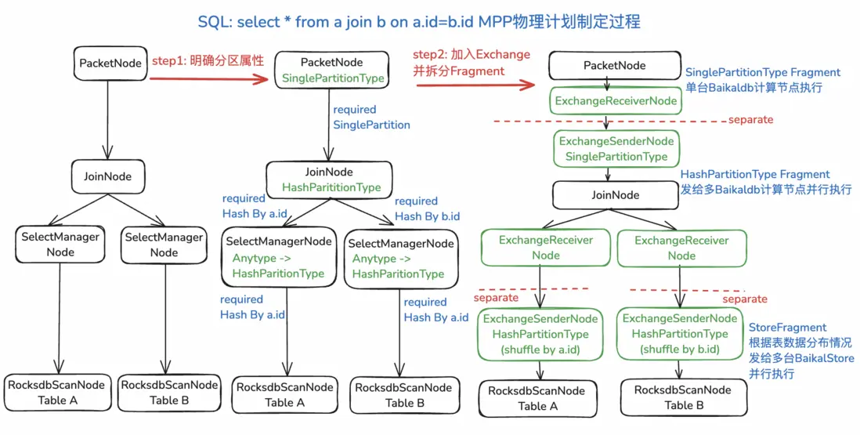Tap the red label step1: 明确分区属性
[208, 60]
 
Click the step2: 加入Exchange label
[472, 55]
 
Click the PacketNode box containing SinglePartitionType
[332, 70]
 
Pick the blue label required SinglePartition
[371, 117]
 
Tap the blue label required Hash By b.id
[427, 208]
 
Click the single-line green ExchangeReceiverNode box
[616, 101]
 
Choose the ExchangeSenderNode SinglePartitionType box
[616, 149]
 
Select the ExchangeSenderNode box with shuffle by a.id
[540, 334]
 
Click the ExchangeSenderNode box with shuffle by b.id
[679, 334]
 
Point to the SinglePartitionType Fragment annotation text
[762, 72]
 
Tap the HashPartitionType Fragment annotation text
[755, 174]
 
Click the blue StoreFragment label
[787, 327]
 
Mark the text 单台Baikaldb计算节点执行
[753, 88]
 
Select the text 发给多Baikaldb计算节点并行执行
[765, 190]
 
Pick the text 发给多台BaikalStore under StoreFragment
[800, 358]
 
